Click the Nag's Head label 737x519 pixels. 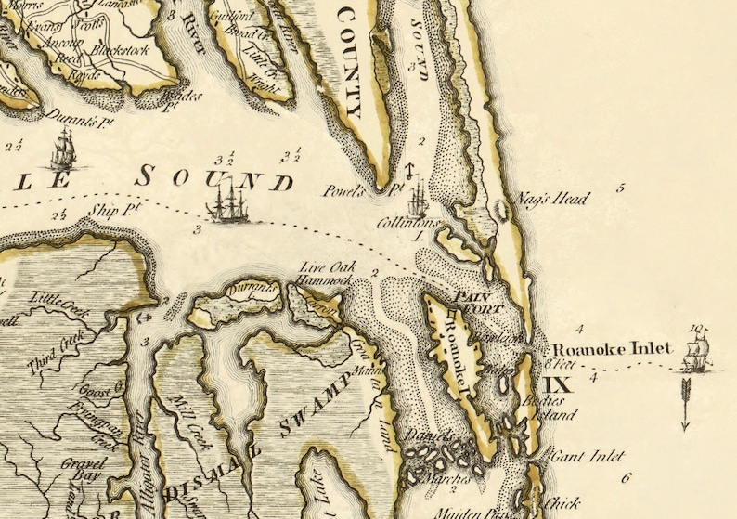558,199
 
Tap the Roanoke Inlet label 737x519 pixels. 612,350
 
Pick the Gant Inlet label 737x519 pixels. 587,457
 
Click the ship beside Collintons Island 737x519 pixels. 417,195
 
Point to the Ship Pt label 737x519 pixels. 115,211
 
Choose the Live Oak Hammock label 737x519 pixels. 326,273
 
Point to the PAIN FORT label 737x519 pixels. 477,302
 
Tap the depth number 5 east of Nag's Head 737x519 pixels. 620,188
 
